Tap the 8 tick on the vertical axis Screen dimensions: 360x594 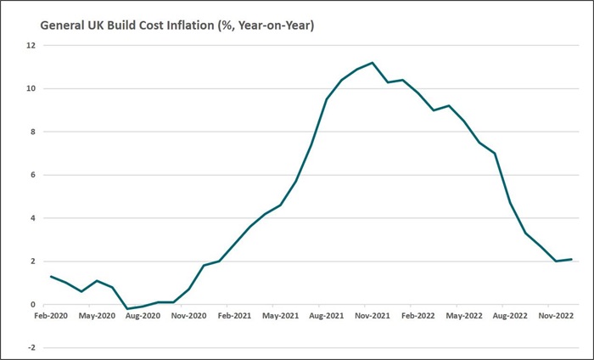(x=32, y=132)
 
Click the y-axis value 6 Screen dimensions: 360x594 (x=32, y=175)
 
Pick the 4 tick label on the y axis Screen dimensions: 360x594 (x=32, y=218)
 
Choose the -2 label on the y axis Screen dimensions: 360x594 (x=31, y=347)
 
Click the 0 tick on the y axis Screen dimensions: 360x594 (x=32, y=305)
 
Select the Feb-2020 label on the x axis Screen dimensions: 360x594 (x=51, y=315)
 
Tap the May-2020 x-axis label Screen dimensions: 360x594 (x=97, y=315)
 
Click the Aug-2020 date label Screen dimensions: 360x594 (x=143, y=315)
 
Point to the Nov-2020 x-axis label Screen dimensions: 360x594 (x=188, y=315)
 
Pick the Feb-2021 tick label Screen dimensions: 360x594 (x=234, y=315)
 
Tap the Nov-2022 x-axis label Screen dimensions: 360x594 (x=555, y=315)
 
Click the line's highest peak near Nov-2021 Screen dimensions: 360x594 (x=373, y=63)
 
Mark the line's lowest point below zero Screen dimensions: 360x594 (x=127, y=309)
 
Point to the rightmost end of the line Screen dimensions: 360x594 (x=572, y=259)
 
